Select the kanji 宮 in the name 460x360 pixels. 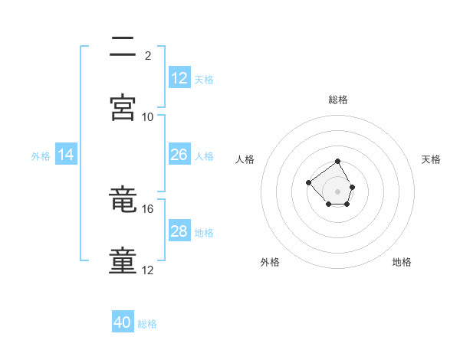coord(123,107)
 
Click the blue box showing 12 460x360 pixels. coord(179,78)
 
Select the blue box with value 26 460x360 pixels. coord(179,155)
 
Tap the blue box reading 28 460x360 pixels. coord(179,231)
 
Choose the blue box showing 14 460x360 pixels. coord(66,155)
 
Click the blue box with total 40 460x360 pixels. coord(123,322)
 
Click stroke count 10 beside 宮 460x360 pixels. coord(148,116)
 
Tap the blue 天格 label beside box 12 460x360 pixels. coord(204,80)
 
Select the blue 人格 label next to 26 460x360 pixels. coord(204,156)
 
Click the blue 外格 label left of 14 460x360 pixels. coord(41,156)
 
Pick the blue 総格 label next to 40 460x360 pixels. coord(147,324)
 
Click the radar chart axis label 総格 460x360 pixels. coord(338,100)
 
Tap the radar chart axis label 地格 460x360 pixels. coord(402,262)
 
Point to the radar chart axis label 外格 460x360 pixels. coord(270,262)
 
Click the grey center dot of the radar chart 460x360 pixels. coord(337,191)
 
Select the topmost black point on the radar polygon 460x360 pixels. coord(337,162)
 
